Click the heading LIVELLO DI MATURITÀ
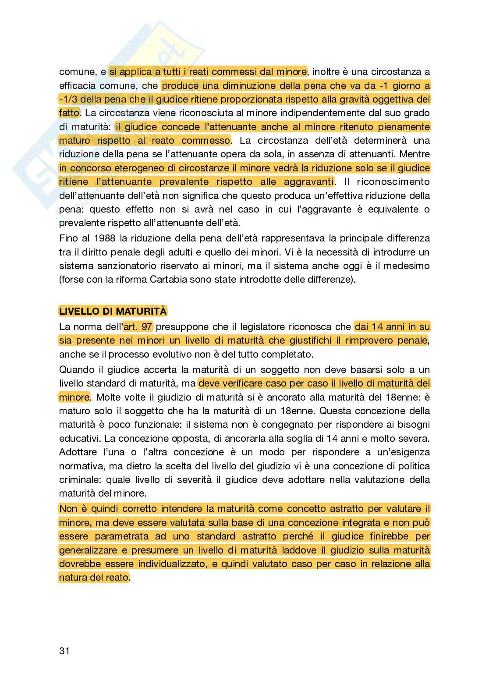(113, 311)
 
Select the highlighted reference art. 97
(138, 326)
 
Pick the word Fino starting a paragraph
(68, 238)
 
